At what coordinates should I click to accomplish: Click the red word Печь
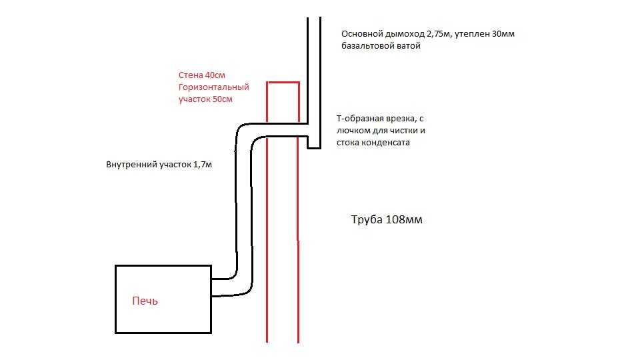tap(145, 301)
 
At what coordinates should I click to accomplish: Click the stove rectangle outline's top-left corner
tap(116, 266)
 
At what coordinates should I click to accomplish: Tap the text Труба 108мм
tap(387, 219)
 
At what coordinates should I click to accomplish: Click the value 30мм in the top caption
tap(503, 34)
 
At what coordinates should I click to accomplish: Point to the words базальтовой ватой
tap(381, 46)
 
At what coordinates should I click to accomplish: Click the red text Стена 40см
tap(201, 75)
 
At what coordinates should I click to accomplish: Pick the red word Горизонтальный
tap(213, 87)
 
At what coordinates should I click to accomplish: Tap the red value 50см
tap(223, 99)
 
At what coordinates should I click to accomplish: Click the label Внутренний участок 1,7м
tap(159, 165)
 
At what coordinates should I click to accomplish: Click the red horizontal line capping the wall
tap(283, 83)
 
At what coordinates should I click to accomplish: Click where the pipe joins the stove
tap(211, 287)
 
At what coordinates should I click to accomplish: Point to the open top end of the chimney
tap(314, 18)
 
